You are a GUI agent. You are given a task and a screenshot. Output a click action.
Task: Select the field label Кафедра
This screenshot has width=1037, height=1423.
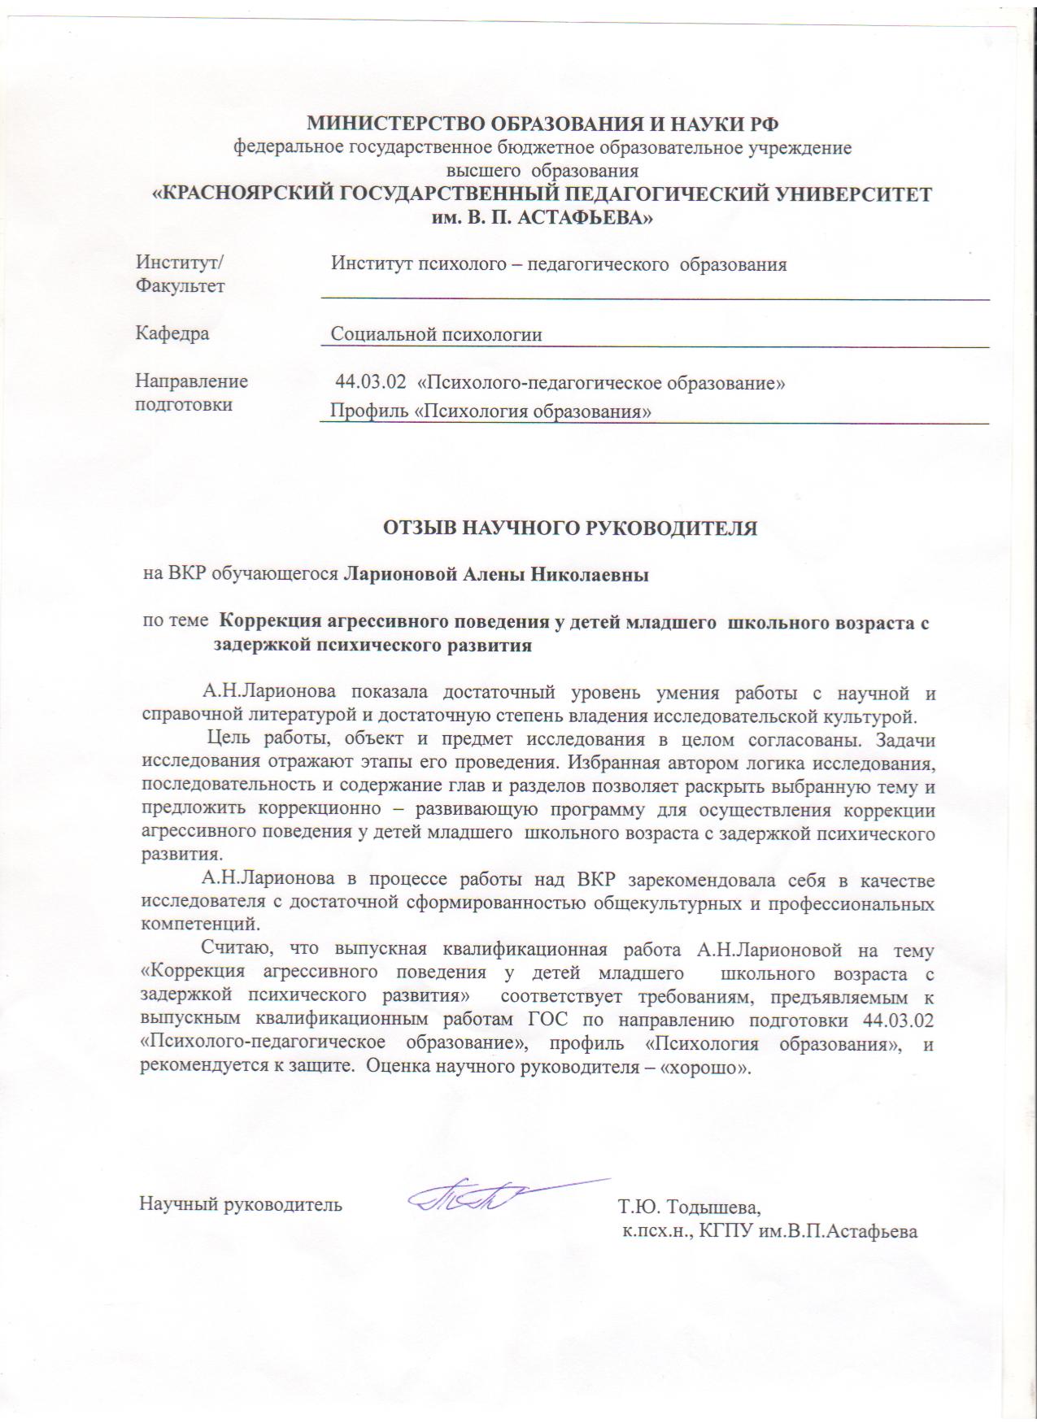point(172,333)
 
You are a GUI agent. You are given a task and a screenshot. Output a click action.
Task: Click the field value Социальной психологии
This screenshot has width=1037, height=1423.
point(436,334)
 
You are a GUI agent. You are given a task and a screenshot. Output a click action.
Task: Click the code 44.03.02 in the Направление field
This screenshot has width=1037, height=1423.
point(371,381)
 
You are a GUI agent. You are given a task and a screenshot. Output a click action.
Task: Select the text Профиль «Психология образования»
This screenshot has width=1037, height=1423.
point(490,411)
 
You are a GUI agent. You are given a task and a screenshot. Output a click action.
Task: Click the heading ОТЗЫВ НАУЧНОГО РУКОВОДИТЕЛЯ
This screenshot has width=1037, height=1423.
point(570,528)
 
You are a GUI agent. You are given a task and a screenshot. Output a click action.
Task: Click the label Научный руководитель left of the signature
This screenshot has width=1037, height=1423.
point(241,1204)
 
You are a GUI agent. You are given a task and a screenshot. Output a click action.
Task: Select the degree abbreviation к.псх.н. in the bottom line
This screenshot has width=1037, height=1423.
point(654,1231)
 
